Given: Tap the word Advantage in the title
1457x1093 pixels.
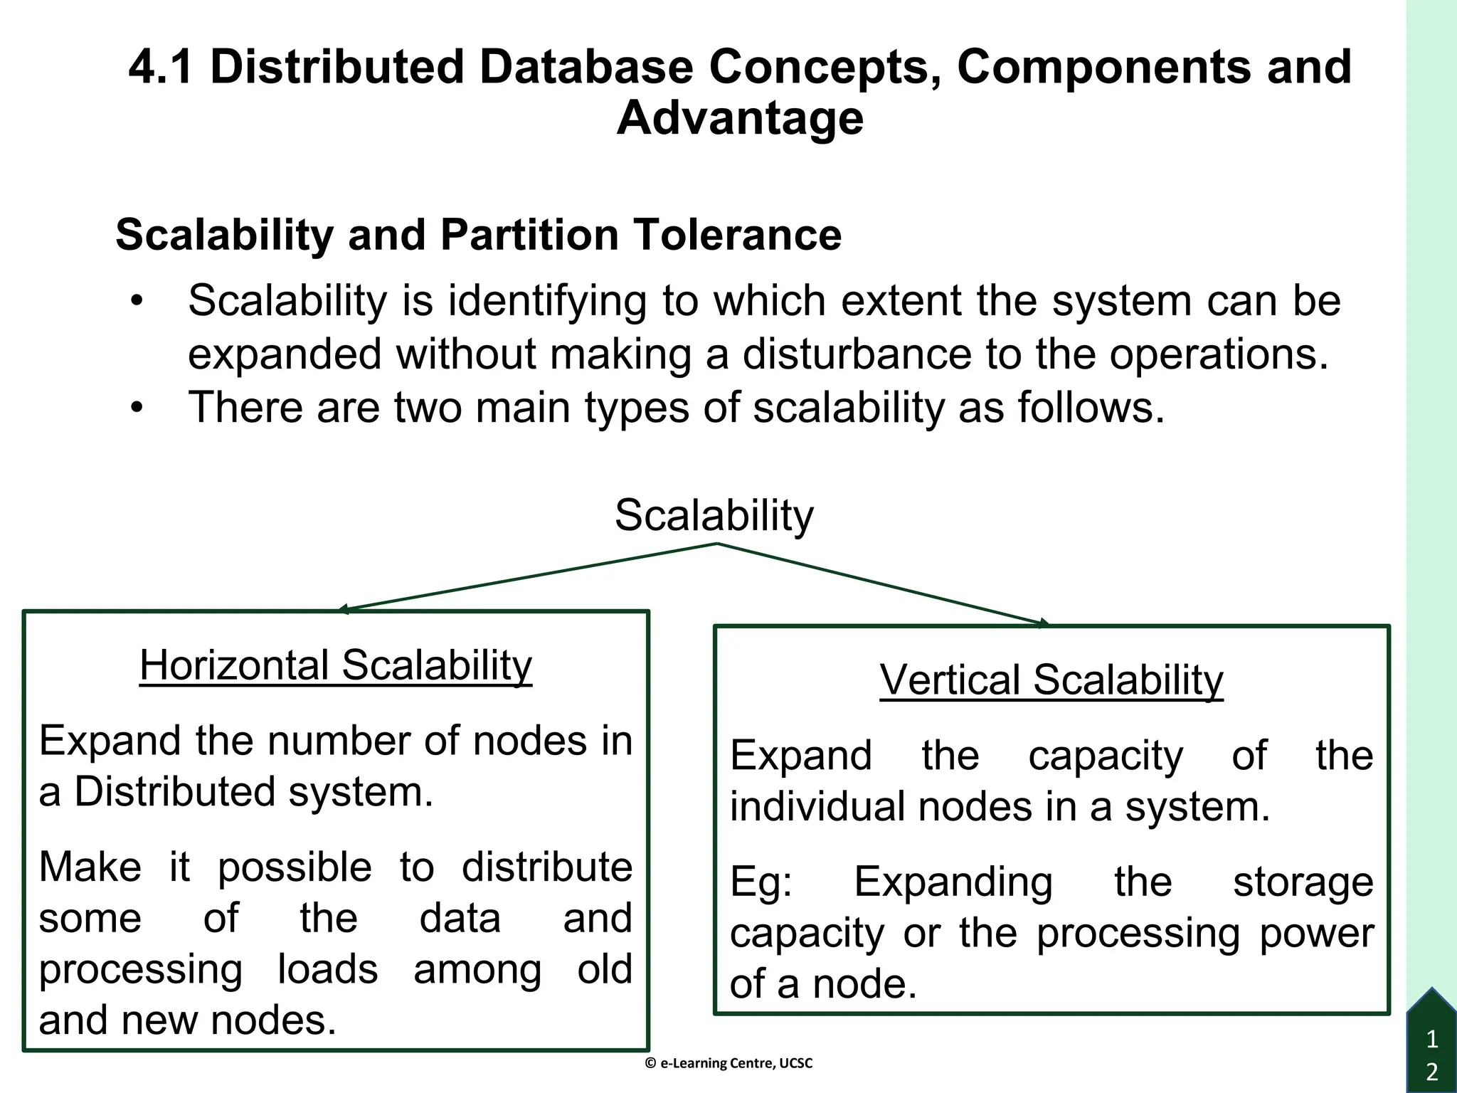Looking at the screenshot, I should [740, 118].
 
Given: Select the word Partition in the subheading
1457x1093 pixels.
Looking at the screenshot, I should [529, 235].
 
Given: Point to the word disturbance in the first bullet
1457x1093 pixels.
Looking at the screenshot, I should [857, 354].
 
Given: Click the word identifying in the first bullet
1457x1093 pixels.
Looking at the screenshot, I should [547, 301].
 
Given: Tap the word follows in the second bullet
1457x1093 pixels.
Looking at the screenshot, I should [1091, 408].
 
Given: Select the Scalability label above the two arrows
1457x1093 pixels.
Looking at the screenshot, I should [714, 515].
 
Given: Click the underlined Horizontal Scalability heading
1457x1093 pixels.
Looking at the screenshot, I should [336, 665].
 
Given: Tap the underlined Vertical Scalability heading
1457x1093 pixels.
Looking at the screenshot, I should [1051, 680].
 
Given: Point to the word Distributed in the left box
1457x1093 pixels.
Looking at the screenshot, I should [174, 792].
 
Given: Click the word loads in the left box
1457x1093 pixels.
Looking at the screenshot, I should [327, 969].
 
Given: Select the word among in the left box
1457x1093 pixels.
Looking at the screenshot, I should [477, 969].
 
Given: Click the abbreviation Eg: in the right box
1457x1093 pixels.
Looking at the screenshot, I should [761, 882].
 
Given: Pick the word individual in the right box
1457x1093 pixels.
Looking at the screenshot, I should [817, 807].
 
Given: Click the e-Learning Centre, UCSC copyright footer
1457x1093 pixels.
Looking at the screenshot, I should [728, 1063].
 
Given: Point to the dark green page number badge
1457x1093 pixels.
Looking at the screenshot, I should [1432, 1046].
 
